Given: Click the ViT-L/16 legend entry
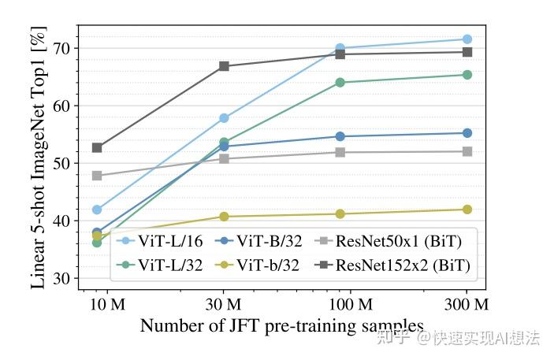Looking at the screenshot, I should tap(165, 241).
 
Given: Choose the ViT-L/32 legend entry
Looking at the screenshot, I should tap(165, 266).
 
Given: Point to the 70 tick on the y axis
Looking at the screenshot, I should tap(61, 49).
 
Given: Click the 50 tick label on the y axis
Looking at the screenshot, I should tap(61, 163).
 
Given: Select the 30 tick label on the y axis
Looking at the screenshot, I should tap(61, 278).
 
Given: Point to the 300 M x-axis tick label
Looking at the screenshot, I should tap(467, 304).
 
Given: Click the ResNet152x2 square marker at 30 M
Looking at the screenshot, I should tap(224, 66).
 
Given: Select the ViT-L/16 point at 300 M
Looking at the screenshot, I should tap(467, 39).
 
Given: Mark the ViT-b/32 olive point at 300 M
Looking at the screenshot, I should tap(467, 210).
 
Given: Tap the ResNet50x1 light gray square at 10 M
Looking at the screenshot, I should tap(97, 176).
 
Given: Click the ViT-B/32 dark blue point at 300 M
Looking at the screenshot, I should tap(467, 133).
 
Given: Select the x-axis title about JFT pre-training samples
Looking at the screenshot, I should tap(281, 325).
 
